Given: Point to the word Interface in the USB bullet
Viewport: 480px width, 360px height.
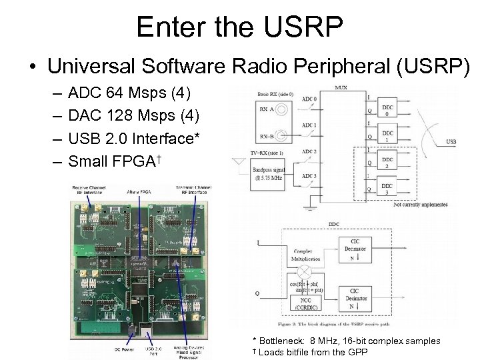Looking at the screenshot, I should [x=161, y=138].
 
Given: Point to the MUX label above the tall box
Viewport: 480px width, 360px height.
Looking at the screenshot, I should [x=340, y=87].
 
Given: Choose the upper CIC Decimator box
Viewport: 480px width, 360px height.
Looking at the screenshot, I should [x=358, y=249].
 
